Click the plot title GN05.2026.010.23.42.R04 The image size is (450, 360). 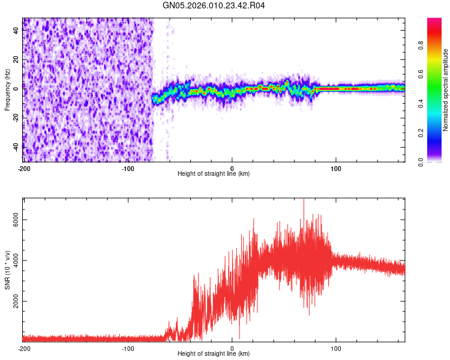pos(214,5)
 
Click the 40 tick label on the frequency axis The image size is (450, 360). pos(16,32)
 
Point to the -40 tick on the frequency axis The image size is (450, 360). pos(16,145)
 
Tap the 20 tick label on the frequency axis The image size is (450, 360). pos(16,60)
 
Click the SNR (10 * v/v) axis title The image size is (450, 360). pos(7,269)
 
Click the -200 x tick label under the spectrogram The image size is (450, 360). pos(24,168)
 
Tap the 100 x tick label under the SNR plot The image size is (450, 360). pos(336,348)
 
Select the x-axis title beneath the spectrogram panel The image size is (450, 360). pos(214,174)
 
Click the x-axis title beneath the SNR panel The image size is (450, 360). pos(214,354)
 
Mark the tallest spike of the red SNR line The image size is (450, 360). pos(304,199)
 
